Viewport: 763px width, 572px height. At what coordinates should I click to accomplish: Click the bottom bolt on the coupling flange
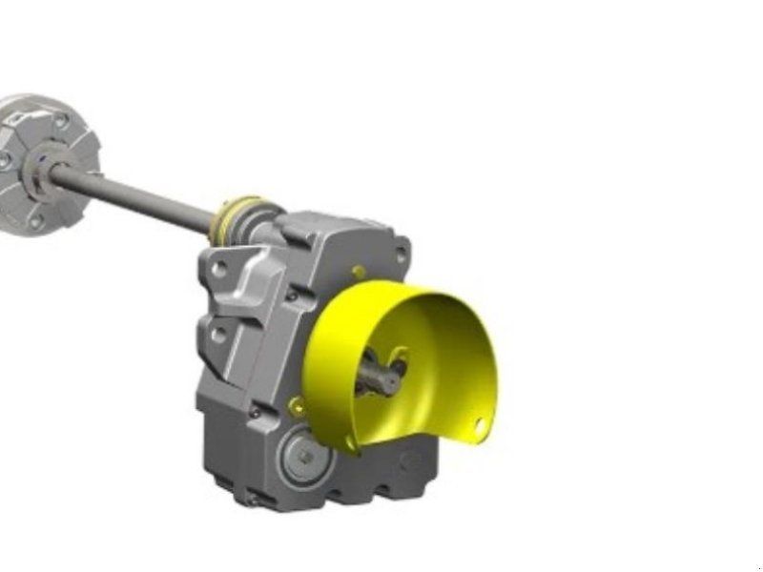tap(36, 223)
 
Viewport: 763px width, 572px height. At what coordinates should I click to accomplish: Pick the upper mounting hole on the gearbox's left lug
tap(218, 270)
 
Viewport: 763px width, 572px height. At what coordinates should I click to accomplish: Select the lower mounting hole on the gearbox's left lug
tap(218, 335)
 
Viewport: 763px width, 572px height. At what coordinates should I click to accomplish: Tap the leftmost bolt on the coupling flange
tap(5, 162)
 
